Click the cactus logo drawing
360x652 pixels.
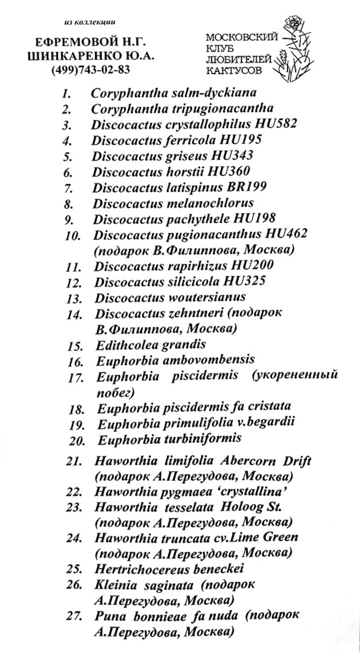coord(297,52)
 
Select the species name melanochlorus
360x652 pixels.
coord(206,203)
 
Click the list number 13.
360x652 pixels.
coord(74,298)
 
